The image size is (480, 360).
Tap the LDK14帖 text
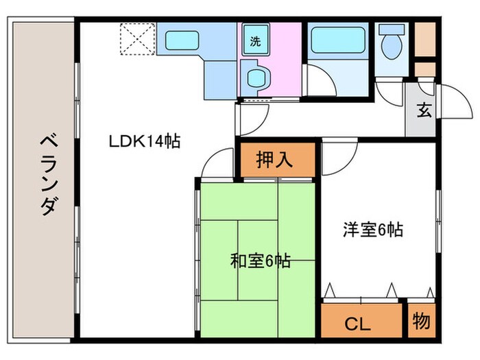pos(144,142)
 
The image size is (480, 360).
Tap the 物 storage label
pos(422,320)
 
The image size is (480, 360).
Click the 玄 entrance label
pos(424,110)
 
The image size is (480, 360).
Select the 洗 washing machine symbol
pos(255,40)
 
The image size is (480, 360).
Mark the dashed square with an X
pos(137,39)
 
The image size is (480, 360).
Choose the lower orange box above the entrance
pos(424,69)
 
